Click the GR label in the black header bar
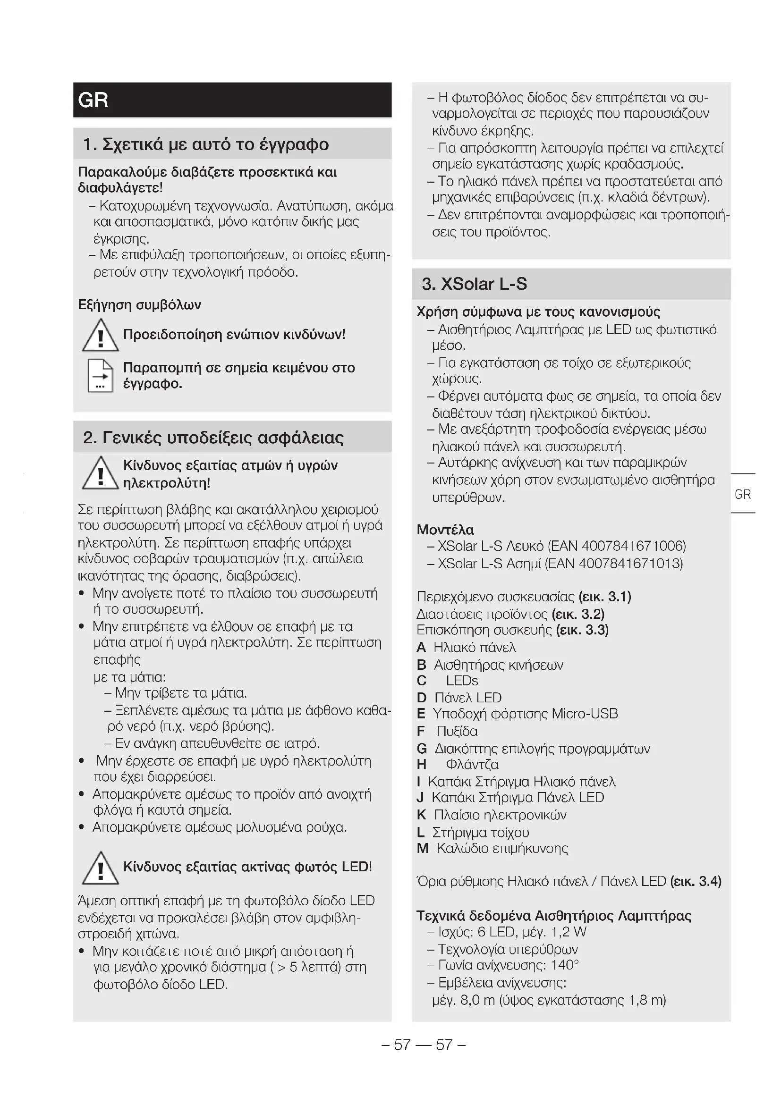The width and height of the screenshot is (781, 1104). [93, 100]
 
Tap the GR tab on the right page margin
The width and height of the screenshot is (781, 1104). [743, 494]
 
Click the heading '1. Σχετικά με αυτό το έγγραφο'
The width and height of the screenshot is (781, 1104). [206, 144]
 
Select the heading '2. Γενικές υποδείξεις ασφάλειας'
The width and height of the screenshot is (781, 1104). [213, 438]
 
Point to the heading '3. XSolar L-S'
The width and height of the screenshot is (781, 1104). [474, 284]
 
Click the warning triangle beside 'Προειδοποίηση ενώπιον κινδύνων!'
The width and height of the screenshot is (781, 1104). [100, 336]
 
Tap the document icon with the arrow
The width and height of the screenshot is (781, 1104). [101, 376]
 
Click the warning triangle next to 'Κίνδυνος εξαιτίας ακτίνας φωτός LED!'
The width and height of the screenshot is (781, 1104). [100, 868]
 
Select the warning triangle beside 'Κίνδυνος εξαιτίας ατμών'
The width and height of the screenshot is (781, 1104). [100, 473]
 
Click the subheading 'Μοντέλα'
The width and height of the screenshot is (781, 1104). [445, 530]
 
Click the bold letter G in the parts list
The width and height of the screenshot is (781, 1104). [422, 749]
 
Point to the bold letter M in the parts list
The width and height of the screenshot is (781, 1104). [423, 848]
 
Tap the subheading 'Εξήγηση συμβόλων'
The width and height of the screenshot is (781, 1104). [139, 305]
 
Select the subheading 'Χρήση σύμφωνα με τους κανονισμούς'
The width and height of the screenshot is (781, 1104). [538, 312]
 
